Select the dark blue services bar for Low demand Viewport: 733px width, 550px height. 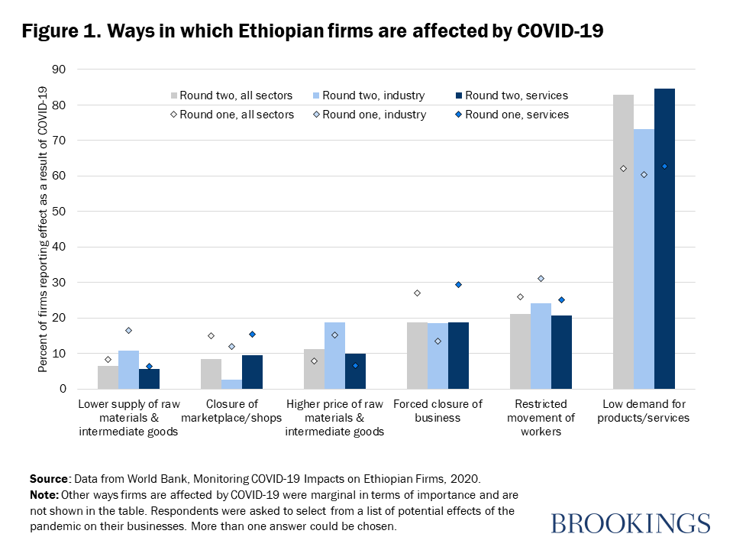coord(664,238)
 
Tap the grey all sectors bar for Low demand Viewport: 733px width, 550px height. coord(623,241)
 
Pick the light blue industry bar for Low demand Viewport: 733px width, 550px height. coord(644,259)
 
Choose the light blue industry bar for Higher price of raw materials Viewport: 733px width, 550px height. coord(334,355)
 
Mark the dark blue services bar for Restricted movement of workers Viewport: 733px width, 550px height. coord(561,352)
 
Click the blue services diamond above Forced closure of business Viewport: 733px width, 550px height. coord(458,284)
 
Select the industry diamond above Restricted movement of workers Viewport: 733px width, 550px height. coord(541,279)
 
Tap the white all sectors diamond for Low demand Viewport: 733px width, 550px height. coord(623,168)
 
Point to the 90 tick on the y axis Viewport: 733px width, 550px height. coord(59,70)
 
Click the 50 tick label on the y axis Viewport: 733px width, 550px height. coord(59,212)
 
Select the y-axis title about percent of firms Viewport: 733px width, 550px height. coord(44,229)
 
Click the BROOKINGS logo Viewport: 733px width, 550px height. coord(630,523)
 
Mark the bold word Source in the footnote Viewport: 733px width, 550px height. coord(49,479)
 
